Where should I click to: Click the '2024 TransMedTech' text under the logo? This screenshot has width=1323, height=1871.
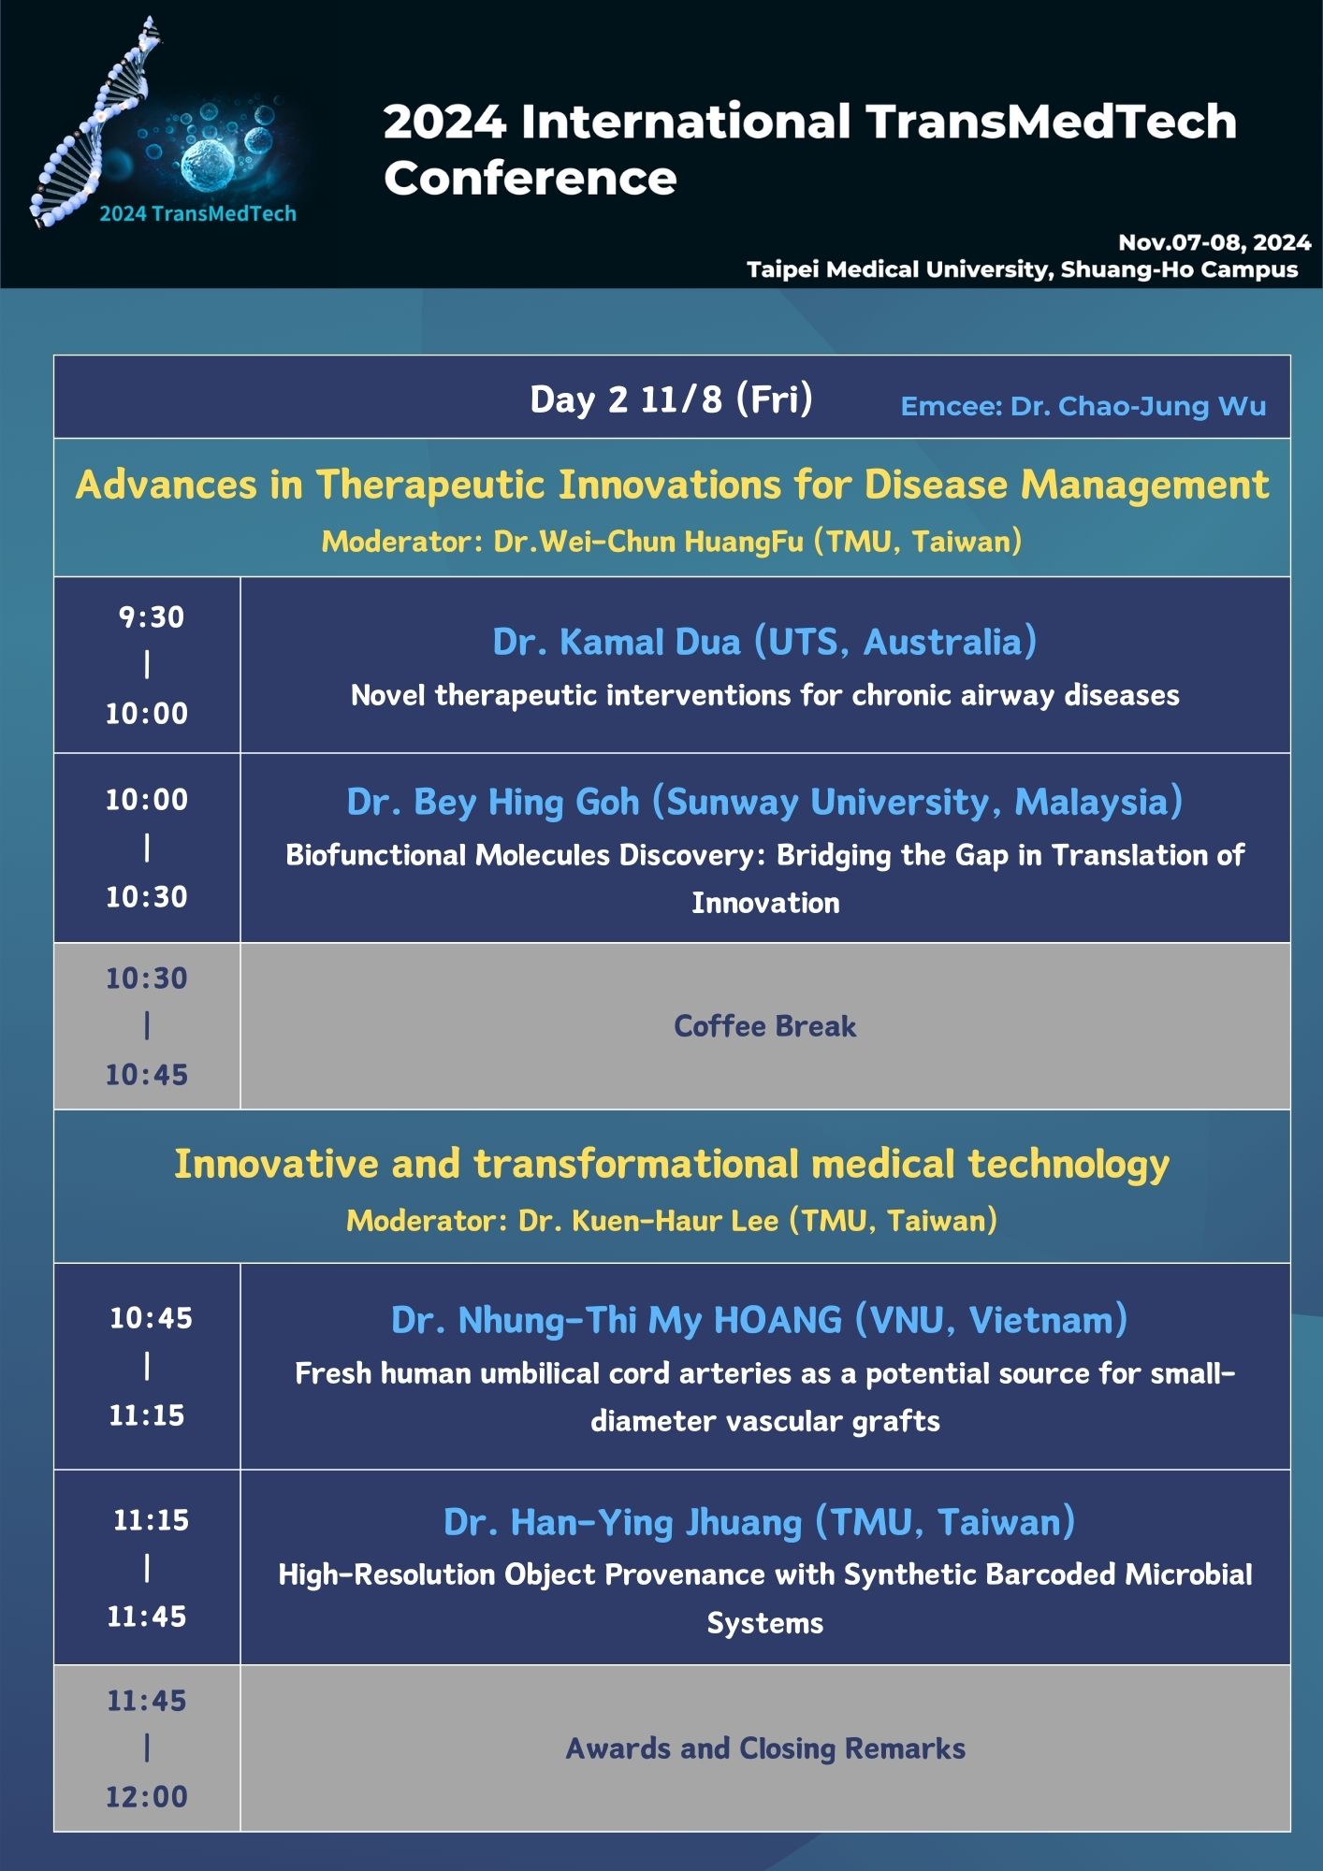tap(197, 213)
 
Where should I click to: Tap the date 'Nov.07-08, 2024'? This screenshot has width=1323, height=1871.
tap(1214, 242)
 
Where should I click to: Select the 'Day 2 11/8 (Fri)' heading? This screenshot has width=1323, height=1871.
tap(671, 399)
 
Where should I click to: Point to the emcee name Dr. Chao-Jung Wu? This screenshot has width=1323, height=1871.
tap(1083, 406)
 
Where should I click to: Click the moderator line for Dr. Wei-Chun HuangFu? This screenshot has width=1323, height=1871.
tap(671, 542)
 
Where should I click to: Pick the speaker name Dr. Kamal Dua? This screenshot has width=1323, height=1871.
tap(764, 642)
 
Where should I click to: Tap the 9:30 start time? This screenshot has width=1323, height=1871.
tap(151, 617)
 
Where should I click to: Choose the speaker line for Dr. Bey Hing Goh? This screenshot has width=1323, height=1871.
tap(764, 802)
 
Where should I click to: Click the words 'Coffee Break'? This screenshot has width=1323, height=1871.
tap(764, 1026)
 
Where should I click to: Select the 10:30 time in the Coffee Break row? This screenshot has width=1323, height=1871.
tap(147, 979)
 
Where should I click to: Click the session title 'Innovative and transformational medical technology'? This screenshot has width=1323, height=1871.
tap(672, 1165)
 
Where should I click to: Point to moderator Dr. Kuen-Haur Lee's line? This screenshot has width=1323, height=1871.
tap(672, 1221)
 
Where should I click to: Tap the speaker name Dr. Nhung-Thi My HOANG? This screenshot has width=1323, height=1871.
tap(759, 1320)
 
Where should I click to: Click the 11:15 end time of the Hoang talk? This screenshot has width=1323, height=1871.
tap(147, 1415)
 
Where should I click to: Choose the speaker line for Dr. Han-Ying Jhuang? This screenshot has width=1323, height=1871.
tap(759, 1522)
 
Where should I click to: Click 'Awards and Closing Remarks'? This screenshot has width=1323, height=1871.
tap(765, 1748)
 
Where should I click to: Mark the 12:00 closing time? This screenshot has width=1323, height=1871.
tap(147, 1796)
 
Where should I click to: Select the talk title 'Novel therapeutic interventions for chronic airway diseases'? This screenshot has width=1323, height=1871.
tap(764, 695)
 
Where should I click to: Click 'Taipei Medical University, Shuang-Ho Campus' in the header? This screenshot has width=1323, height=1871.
tap(1022, 269)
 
